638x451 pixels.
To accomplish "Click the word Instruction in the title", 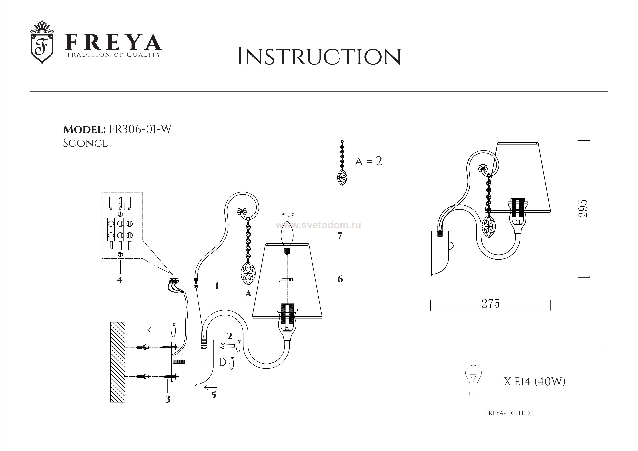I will [319, 57].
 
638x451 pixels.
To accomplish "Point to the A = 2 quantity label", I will [368, 161].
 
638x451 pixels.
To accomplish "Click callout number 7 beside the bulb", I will [340, 236].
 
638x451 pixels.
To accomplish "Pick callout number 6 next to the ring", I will [340, 279].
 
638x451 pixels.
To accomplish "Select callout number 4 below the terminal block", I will [120, 280].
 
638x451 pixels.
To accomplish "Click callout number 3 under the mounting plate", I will [168, 399].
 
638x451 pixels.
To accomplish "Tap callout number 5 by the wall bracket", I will [213, 395].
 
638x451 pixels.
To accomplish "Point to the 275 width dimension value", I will [491, 304].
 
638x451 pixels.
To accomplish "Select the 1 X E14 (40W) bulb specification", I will [531, 382].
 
